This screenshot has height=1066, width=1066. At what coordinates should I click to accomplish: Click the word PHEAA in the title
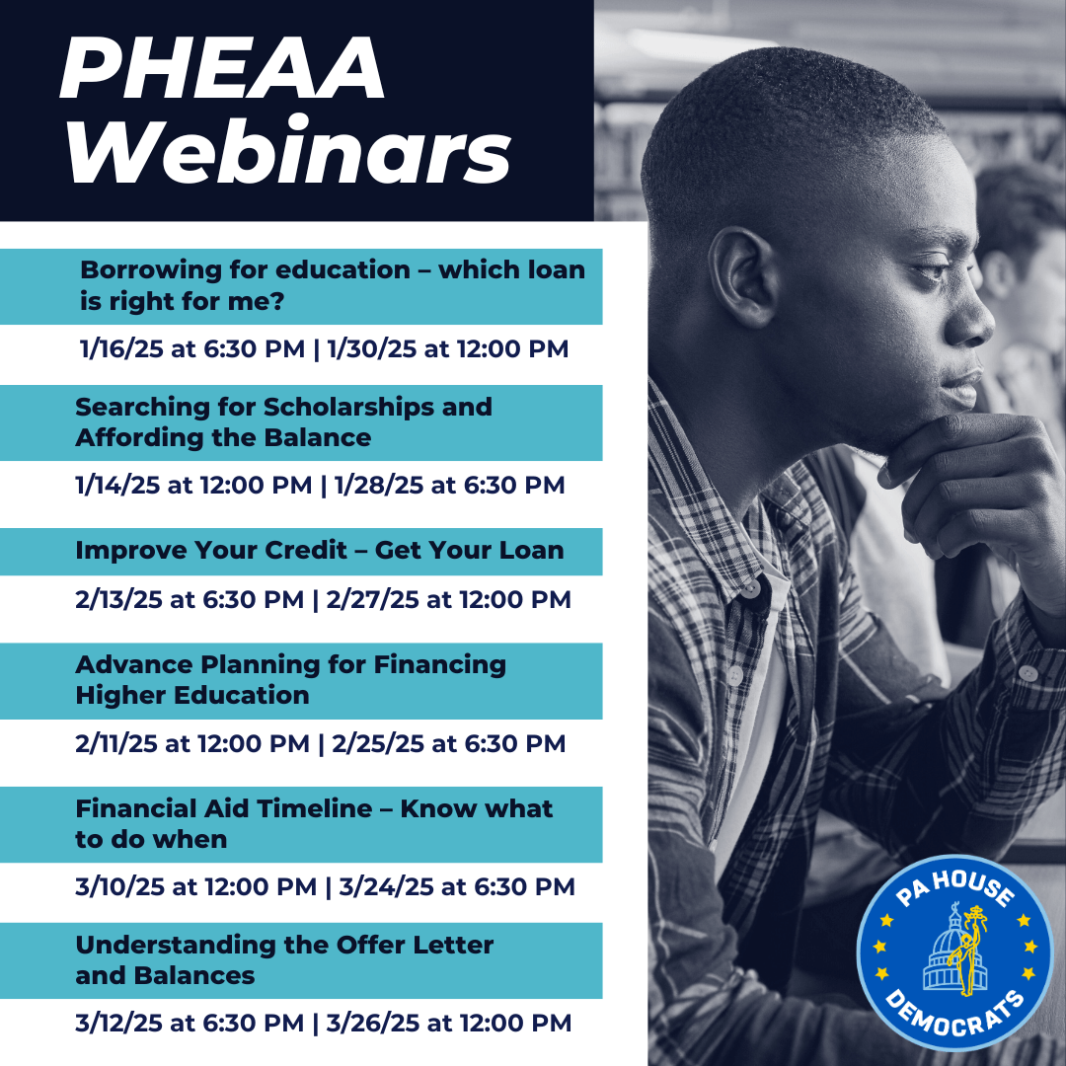tap(222, 71)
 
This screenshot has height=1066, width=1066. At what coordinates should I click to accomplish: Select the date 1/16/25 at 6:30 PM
tap(193, 349)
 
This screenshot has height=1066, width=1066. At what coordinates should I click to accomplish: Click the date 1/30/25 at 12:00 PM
tap(447, 349)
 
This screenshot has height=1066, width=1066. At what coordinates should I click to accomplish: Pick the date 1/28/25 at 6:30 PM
tap(449, 486)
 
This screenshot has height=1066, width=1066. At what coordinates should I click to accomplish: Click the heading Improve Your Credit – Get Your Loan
tap(319, 551)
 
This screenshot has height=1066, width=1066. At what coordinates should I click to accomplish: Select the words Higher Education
tap(192, 695)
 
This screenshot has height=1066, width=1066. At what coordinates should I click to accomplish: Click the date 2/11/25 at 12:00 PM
tap(192, 743)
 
